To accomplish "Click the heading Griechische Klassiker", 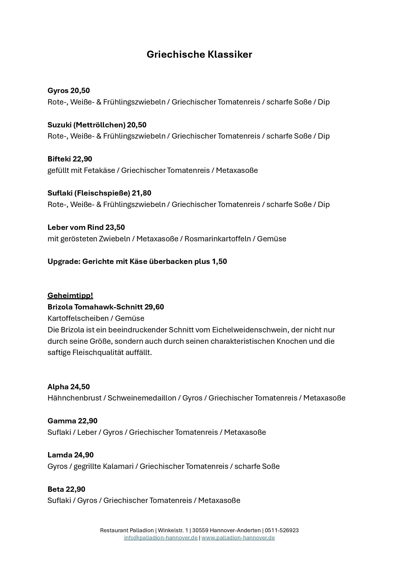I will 199,54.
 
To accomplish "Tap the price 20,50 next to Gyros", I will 80,91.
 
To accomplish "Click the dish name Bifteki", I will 59,159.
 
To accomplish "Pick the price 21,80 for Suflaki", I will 141,193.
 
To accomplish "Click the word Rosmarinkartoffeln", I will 217,239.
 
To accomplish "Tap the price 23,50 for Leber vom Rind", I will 115,227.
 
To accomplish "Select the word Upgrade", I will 64,261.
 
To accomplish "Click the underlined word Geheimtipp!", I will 70,295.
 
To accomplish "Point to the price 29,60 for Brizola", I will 154,307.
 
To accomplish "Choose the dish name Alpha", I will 58,387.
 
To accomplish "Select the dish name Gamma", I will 61,421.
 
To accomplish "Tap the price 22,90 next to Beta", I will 75,489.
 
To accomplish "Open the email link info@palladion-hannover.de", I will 161,538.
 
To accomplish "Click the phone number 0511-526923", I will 282,530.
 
